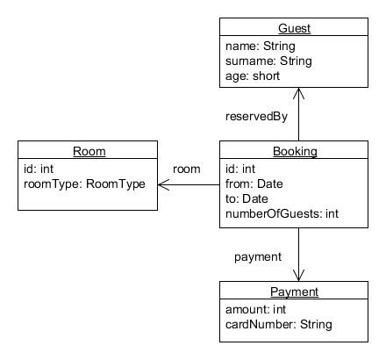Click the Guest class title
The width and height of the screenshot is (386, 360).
[x=294, y=28]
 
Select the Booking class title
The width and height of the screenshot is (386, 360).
[x=295, y=151]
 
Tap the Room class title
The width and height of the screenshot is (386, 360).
[x=89, y=151]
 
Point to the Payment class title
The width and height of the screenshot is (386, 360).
[x=294, y=292]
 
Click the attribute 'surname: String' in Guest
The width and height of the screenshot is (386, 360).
[x=268, y=61]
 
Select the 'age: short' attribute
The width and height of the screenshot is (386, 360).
[x=253, y=76]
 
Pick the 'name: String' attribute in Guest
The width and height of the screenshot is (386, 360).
[x=261, y=47]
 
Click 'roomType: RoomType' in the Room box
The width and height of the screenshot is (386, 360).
[x=84, y=184]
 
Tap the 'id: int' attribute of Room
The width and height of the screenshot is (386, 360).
[x=39, y=169]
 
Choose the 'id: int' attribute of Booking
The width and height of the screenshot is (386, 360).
[x=240, y=169]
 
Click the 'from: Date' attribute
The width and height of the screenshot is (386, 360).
[x=254, y=184]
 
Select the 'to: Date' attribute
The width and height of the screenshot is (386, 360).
[x=247, y=198]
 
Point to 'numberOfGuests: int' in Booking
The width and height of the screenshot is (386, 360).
[x=282, y=213]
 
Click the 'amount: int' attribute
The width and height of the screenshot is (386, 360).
[x=255, y=309]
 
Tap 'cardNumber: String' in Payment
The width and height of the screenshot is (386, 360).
[x=279, y=324]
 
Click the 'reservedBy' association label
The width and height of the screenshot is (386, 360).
[x=256, y=117]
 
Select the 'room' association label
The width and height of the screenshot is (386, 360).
[x=187, y=169]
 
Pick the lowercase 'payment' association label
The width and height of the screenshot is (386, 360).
[x=258, y=257]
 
